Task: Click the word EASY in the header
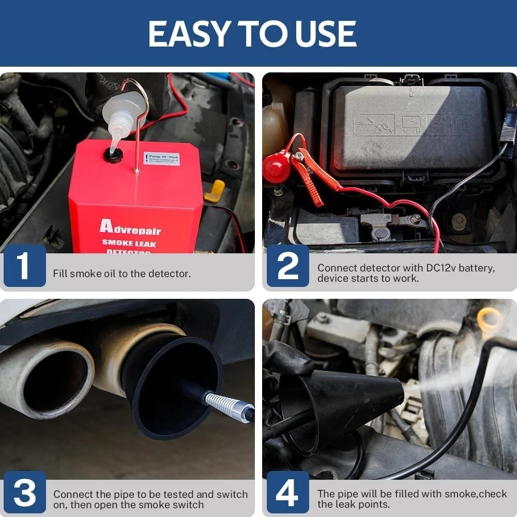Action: coord(190,34)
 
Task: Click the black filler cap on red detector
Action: coord(113,155)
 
